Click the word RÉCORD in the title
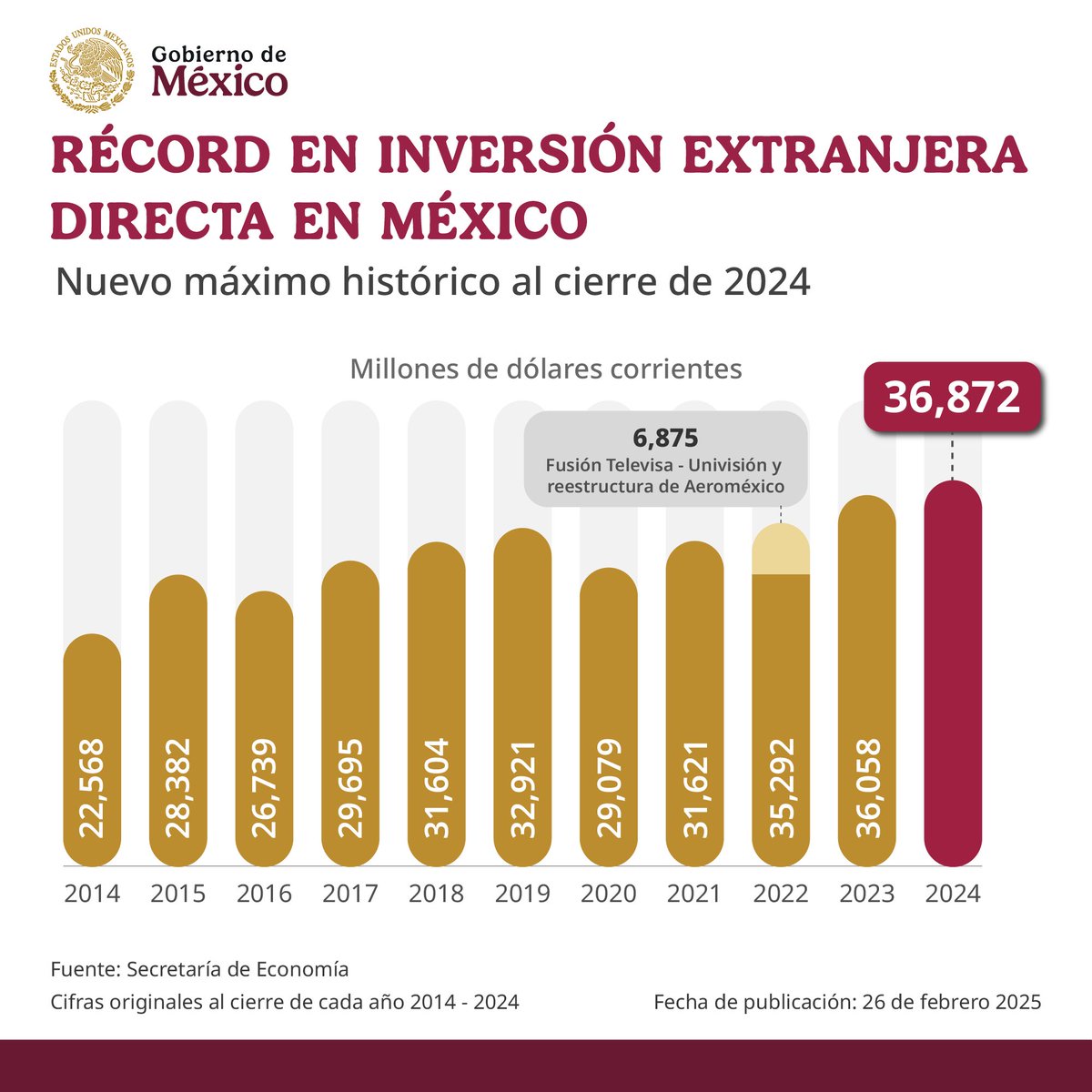pyautogui.click(x=161, y=156)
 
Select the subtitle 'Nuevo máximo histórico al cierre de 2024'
pyautogui.click(x=432, y=282)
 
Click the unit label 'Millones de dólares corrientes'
pyautogui.click(x=545, y=369)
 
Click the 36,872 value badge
pyautogui.click(x=952, y=398)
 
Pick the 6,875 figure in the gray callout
pyautogui.click(x=665, y=439)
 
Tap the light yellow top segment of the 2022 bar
pyautogui.click(x=781, y=550)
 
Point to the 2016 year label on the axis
pyautogui.click(x=264, y=894)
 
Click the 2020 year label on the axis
pyautogui.click(x=609, y=894)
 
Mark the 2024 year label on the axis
pyautogui.click(x=953, y=894)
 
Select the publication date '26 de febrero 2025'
pyautogui.click(x=952, y=1003)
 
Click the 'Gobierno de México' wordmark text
pyautogui.click(x=218, y=71)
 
